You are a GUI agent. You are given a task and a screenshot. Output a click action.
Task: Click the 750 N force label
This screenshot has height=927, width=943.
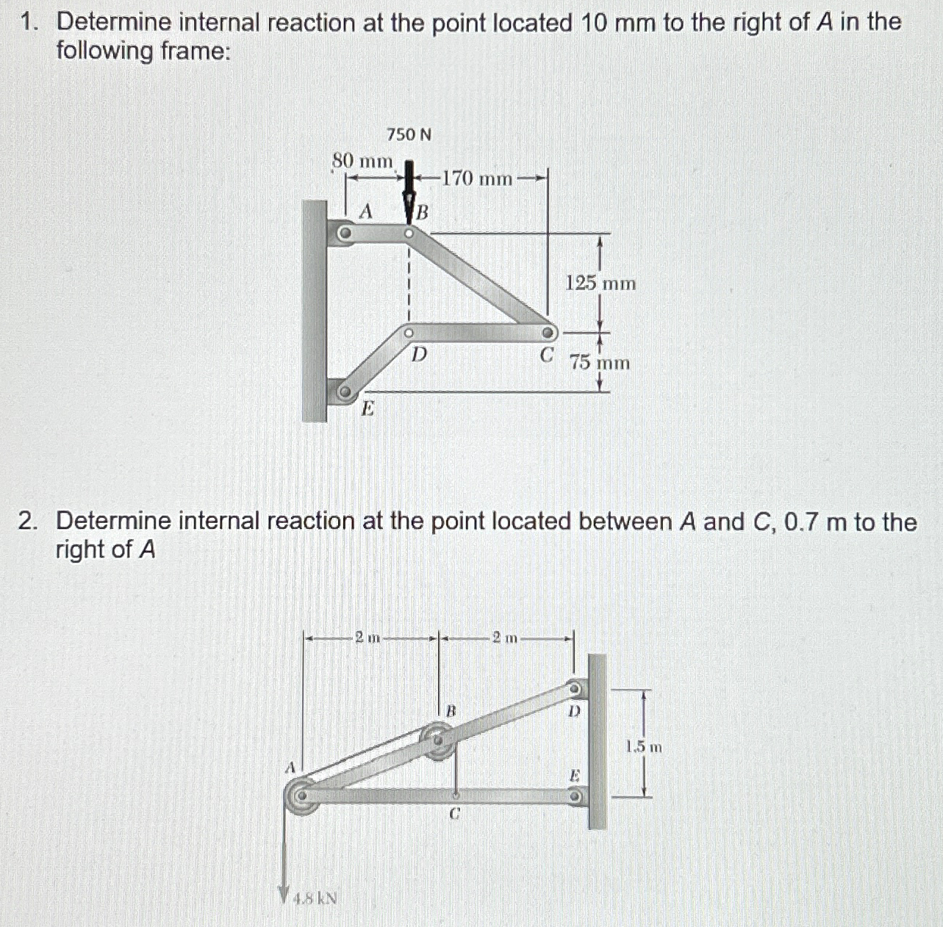pos(409,134)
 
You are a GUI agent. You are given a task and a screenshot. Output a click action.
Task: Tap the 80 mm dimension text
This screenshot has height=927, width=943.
pos(362,160)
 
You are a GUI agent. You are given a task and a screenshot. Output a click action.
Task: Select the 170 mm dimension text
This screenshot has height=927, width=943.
pos(478,178)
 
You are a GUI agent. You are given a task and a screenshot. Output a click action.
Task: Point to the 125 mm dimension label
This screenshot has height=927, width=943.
pos(600,284)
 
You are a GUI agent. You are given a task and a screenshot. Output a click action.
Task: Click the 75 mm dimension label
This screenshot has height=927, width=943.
pos(600,363)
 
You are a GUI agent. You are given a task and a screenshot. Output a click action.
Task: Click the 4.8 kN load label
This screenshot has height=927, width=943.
pos(315,898)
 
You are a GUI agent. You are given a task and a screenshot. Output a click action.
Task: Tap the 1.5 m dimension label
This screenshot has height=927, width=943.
pos(644,748)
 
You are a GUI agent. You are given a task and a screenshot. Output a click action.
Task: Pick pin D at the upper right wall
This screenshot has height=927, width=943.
pos(576,689)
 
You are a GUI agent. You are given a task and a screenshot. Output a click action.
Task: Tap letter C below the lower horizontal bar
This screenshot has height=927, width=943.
pos(455,814)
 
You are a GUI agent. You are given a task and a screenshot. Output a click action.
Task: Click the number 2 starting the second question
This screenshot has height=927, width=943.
pos(26,522)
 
